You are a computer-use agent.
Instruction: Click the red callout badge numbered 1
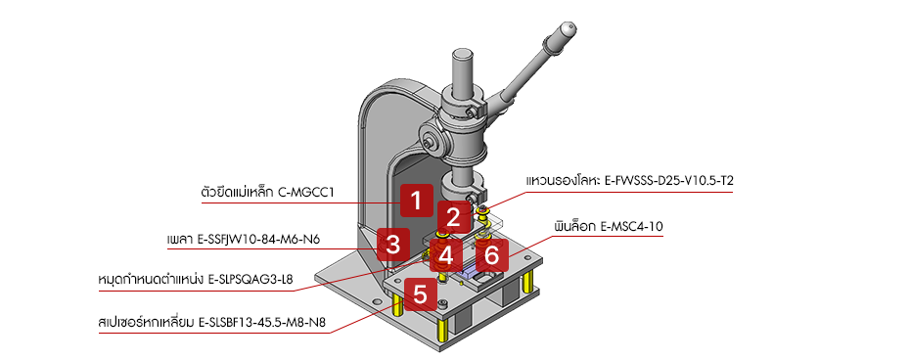point(416,201)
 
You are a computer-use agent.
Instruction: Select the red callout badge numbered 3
point(393,245)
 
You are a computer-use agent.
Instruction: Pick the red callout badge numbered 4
point(446,255)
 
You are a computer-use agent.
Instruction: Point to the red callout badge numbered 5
point(420,294)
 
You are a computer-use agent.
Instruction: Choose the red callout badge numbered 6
point(491,255)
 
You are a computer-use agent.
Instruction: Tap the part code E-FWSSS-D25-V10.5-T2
point(669,181)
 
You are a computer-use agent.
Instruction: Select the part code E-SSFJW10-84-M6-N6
point(260,240)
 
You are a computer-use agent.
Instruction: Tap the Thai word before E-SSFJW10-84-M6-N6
point(181,240)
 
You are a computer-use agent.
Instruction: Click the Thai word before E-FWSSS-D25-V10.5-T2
point(563,180)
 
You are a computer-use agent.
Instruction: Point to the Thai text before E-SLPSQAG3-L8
point(152,279)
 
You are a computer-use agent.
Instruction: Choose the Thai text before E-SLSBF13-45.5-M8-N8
point(146,322)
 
